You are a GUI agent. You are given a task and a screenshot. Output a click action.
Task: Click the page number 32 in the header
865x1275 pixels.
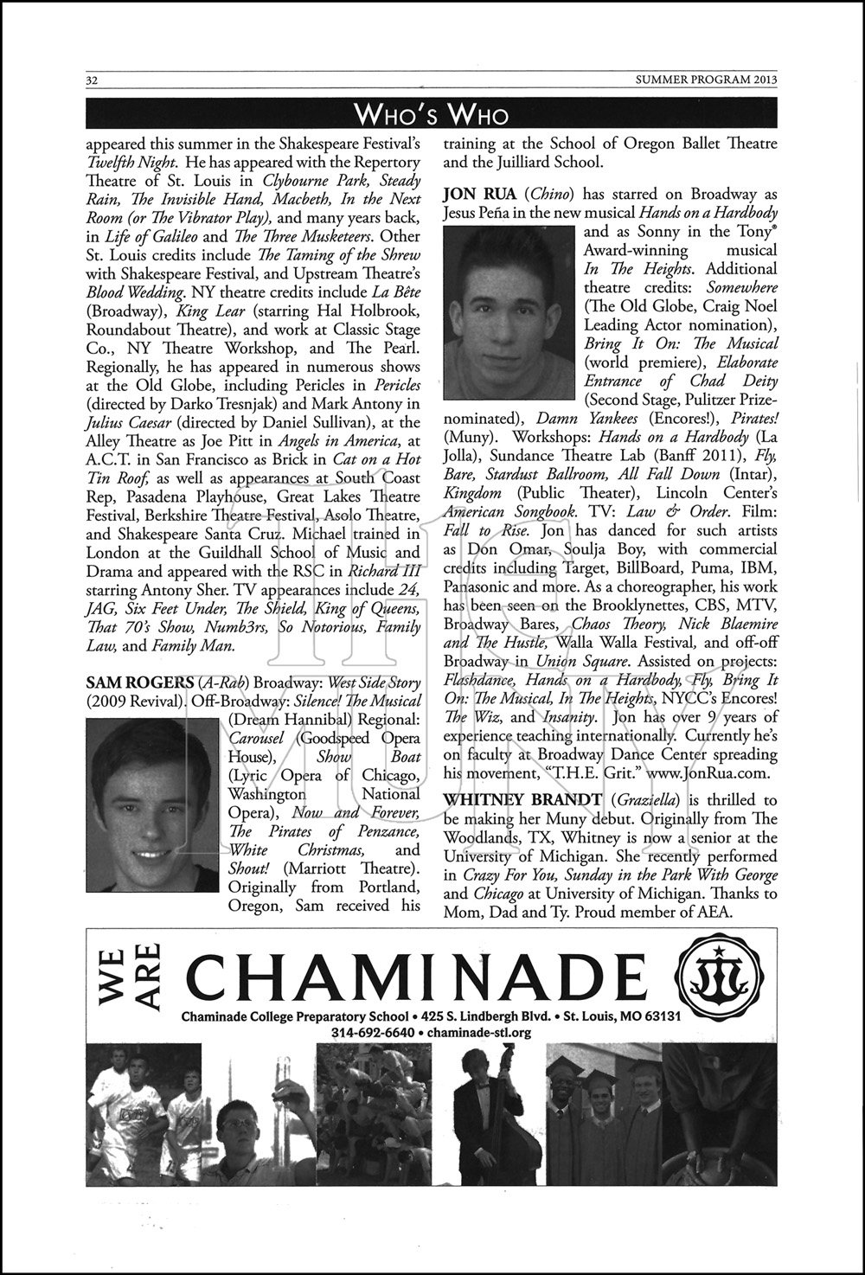(90, 80)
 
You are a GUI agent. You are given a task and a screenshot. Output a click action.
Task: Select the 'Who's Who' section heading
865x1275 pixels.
(432, 114)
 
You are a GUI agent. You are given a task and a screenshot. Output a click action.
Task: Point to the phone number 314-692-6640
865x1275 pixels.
(371, 1033)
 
